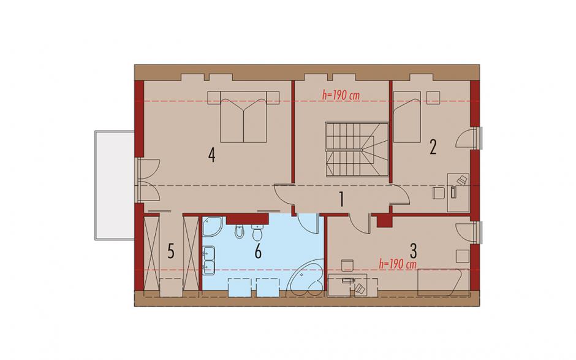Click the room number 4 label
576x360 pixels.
coord(211,155)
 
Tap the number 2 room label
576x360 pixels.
coord(433,147)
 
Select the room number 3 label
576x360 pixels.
coord(413,251)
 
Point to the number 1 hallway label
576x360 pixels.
coord(341,200)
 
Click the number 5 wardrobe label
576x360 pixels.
coord(171,252)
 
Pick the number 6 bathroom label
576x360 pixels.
coord(258,252)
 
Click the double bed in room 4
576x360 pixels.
coord(243,116)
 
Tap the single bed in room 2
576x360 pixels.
coord(407,117)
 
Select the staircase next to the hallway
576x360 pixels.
coord(357,149)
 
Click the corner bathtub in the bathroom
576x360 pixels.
coord(306,278)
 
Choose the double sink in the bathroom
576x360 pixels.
coord(209,261)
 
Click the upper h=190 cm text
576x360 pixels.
coord(341,95)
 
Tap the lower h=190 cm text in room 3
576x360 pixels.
coord(398,264)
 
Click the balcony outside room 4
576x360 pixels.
coord(114,185)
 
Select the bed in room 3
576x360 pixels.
coord(444,282)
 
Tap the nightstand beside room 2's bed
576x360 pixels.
coord(433,98)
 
